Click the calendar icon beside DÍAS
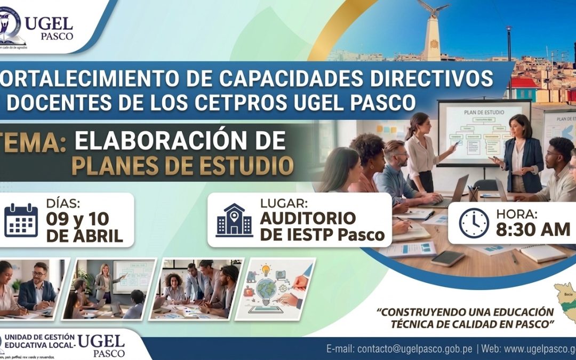21,220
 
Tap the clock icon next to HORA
474,222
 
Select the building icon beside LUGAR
234,220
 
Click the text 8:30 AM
533,229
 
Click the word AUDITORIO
308,218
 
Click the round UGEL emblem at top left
12,26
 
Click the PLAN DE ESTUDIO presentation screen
482,130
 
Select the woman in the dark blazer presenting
520,155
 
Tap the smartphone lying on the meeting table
447,258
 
